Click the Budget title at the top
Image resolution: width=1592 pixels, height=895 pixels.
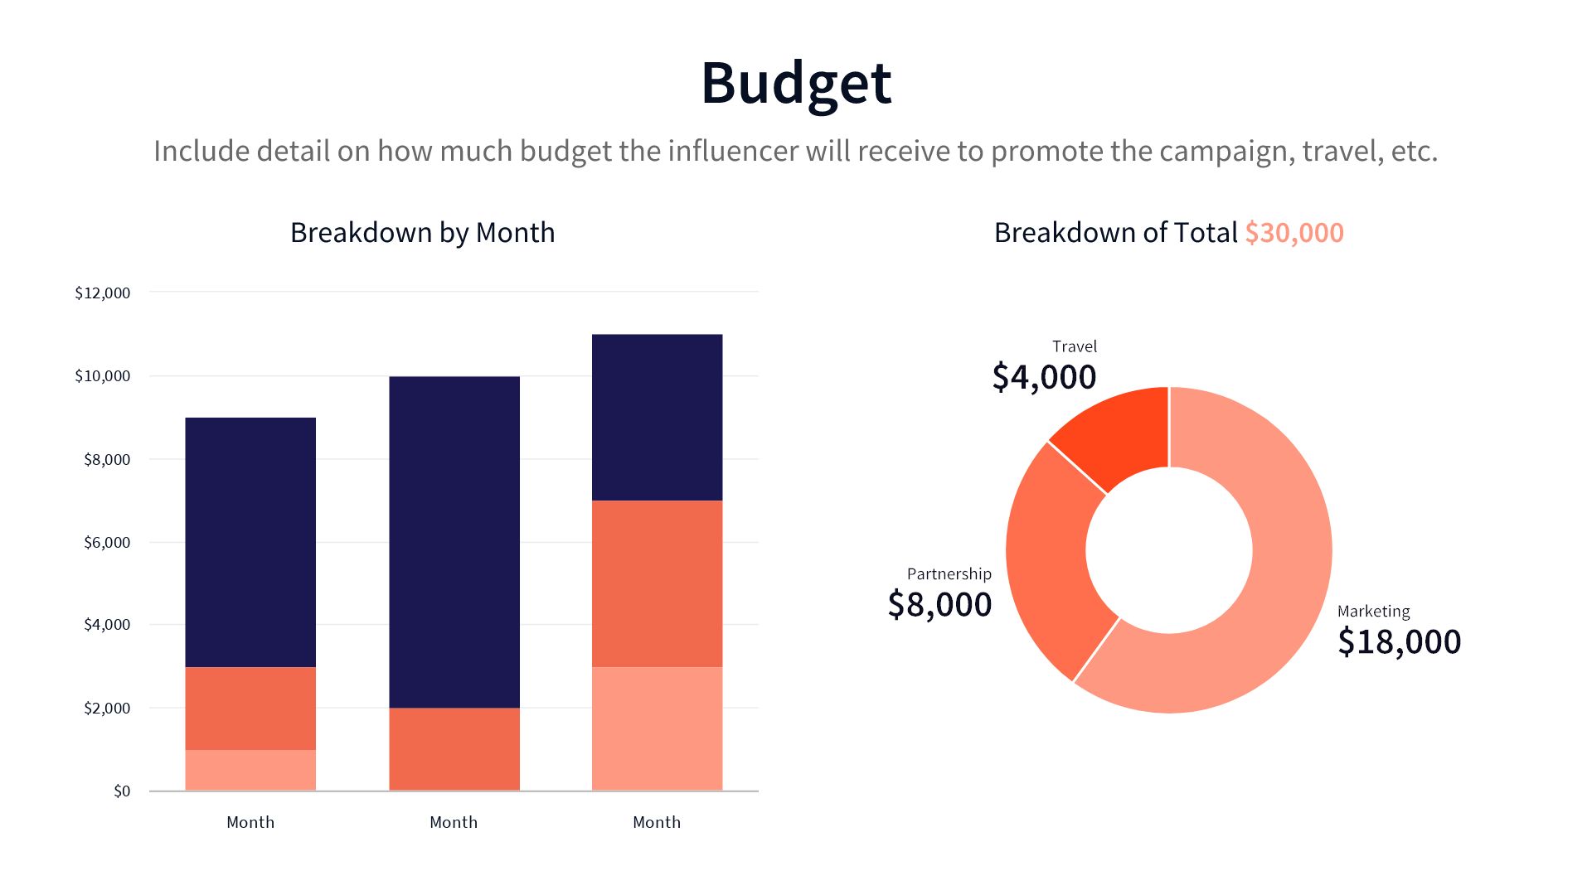pyautogui.click(x=796, y=83)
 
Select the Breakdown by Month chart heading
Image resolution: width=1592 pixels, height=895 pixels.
pyautogui.click(x=422, y=233)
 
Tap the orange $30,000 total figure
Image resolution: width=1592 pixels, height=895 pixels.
pyautogui.click(x=1293, y=233)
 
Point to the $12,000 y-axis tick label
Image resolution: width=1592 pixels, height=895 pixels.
pyautogui.click(x=102, y=293)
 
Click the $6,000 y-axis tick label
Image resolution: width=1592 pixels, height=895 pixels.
pyautogui.click(x=106, y=542)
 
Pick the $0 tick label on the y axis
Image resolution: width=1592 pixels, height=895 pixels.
pyautogui.click(x=122, y=791)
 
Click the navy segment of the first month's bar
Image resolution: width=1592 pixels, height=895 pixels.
pyautogui.click(x=250, y=542)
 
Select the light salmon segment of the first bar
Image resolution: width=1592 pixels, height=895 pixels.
pyautogui.click(x=250, y=770)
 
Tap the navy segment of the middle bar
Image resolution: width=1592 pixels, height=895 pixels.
pyautogui.click(x=454, y=542)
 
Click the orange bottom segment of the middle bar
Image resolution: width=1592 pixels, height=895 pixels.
pyautogui.click(x=454, y=749)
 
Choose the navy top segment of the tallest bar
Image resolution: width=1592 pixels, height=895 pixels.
pyautogui.click(x=657, y=417)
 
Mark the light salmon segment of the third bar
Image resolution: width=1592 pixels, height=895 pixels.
pyautogui.click(x=657, y=728)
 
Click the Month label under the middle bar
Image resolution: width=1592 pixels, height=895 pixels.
pyautogui.click(x=454, y=822)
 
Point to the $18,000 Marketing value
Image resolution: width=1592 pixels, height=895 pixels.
pyautogui.click(x=1399, y=641)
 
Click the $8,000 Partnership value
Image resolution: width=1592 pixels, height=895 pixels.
pyautogui.click(x=939, y=604)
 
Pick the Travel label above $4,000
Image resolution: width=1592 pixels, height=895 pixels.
pyautogui.click(x=1074, y=346)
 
